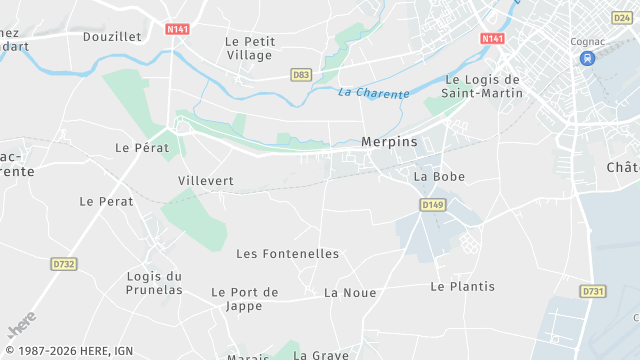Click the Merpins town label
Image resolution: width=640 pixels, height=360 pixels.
389,142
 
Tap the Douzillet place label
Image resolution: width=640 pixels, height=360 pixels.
112,36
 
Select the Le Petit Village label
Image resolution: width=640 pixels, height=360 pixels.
250,48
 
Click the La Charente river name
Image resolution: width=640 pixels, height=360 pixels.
374,93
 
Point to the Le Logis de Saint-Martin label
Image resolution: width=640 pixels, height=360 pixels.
484,87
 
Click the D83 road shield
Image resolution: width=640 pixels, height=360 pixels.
300,75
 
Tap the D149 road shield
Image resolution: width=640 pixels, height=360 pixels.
432,205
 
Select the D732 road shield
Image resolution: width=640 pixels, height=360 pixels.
64,264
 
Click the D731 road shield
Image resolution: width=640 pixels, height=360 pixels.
592,291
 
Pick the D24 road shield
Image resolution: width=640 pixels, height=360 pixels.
621,18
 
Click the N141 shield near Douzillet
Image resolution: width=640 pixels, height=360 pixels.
178,30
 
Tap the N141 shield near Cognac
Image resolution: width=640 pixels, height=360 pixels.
492,38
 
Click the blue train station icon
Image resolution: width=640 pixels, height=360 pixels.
587,58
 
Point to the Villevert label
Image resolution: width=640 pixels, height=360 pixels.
205,181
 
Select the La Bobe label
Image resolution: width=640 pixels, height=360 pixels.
439,177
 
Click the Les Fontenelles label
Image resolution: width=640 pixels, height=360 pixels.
288,254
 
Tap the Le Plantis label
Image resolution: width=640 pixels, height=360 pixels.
462,286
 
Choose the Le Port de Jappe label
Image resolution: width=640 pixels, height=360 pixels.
245,299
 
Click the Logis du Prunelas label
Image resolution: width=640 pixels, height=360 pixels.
155,283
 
